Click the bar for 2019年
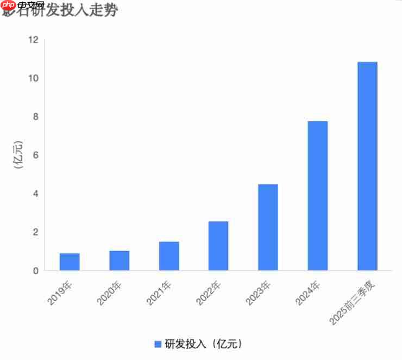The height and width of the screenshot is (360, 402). click(x=70, y=262)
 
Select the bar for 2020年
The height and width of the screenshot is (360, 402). click(x=119, y=260)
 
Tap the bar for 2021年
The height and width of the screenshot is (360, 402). click(x=169, y=256)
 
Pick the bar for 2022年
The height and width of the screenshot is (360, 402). click(x=218, y=246)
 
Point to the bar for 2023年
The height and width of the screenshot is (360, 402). click(x=268, y=227)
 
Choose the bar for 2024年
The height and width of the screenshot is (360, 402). click(x=318, y=196)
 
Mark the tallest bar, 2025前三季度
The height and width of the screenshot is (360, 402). click(x=367, y=166)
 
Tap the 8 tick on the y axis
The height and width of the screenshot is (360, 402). click(x=36, y=117)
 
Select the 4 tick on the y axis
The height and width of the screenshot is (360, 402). click(x=36, y=194)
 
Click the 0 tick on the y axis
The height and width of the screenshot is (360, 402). click(x=36, y=271)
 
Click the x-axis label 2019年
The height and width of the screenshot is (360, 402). click(x=61, y=291)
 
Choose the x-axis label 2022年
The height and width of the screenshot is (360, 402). click(x=210, y=291)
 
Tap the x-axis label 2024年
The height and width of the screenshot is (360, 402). click(x=309, y=291)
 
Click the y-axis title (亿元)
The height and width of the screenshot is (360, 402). click(x=18, y=155)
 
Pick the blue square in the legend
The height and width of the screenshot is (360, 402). click(x=158, y=344)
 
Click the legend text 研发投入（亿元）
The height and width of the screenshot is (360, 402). click(x=203, y=344)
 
